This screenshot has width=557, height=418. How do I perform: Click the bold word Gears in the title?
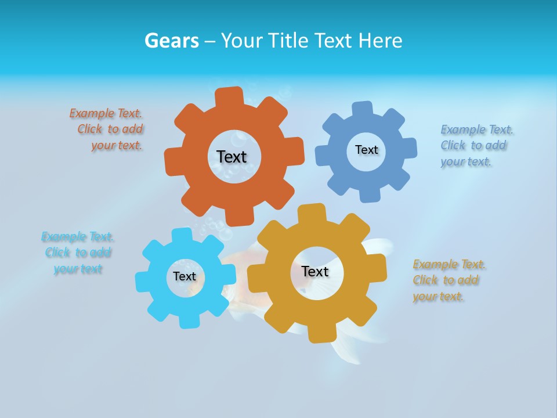[171, 41]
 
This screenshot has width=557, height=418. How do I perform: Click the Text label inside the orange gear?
[232, 157]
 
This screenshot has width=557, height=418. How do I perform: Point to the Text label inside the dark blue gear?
[366, 150]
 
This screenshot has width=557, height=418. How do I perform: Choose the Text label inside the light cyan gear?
[184, 277]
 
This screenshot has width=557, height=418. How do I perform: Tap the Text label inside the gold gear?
[315, 272]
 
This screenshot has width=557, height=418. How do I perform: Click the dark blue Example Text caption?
[476, 146]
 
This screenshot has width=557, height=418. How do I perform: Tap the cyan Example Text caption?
[77, 253]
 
